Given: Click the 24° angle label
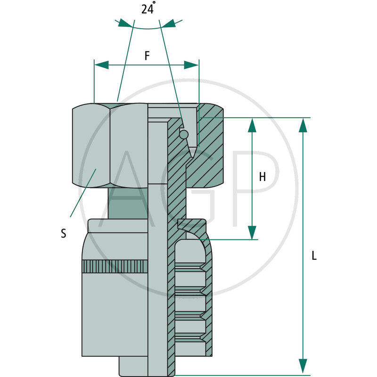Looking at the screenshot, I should (148, 9).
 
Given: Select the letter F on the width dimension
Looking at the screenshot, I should (147, 56).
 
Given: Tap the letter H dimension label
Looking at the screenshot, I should (262, 177).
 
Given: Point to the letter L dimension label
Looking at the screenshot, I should (314, 256).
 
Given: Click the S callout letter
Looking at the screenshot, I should (63, 233).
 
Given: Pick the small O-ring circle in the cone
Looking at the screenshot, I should (184, 135).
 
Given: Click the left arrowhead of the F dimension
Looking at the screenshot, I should (101, 65).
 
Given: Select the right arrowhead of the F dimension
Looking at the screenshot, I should (191, 65).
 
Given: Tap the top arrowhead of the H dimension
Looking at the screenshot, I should (252, 124).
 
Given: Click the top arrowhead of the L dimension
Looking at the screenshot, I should (303, 124).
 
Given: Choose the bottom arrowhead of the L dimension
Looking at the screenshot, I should (303, 366).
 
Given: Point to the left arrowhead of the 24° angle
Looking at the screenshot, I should (124, 23).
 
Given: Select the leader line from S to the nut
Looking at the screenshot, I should (83, 193).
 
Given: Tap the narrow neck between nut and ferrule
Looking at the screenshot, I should (127, 203).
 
